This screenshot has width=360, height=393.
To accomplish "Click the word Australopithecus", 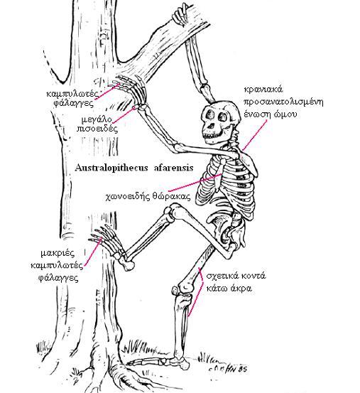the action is point(111,168).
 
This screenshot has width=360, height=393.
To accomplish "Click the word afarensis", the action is point(174,168).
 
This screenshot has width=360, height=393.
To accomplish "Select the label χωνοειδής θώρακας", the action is point(148,196).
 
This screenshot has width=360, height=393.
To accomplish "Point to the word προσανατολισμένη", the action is point(283,102).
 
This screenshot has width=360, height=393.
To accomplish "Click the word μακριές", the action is point(58,253).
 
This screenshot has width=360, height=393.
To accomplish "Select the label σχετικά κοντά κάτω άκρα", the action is point(236,282).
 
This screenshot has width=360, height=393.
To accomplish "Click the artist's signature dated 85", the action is point(227,368).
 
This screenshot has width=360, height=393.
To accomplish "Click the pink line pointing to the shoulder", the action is point(254,134).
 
